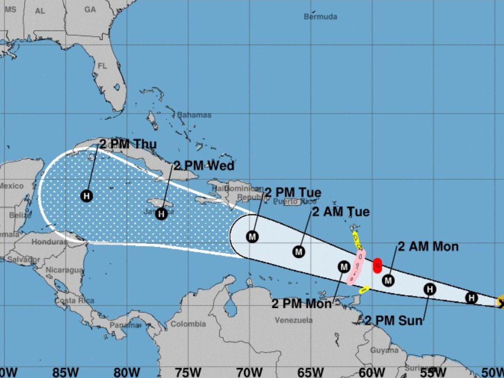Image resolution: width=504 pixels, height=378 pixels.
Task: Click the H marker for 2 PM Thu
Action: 87,196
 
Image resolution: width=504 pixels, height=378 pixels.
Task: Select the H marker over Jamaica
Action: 161,214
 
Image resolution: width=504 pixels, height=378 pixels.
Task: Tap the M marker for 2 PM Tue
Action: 252,237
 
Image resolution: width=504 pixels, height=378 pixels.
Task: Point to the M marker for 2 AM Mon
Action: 388,280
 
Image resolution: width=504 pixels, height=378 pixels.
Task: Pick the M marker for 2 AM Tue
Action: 299,252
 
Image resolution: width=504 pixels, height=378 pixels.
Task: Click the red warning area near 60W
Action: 377,265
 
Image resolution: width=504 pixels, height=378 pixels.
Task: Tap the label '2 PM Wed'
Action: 204,166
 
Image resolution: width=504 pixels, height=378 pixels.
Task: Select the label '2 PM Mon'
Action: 302,304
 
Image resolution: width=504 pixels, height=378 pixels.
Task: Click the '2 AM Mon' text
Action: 428,247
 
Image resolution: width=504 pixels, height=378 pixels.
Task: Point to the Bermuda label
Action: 320,17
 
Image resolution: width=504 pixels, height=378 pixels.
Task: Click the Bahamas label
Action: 194,115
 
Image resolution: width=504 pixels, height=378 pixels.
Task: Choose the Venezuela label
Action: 294,320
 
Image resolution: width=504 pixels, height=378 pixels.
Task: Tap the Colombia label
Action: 188,324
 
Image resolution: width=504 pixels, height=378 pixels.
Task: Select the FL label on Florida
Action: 102,66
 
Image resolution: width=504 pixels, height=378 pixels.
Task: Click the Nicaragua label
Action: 65,270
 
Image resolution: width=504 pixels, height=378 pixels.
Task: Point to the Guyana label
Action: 384,350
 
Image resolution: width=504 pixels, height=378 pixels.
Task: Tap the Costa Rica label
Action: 74,301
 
